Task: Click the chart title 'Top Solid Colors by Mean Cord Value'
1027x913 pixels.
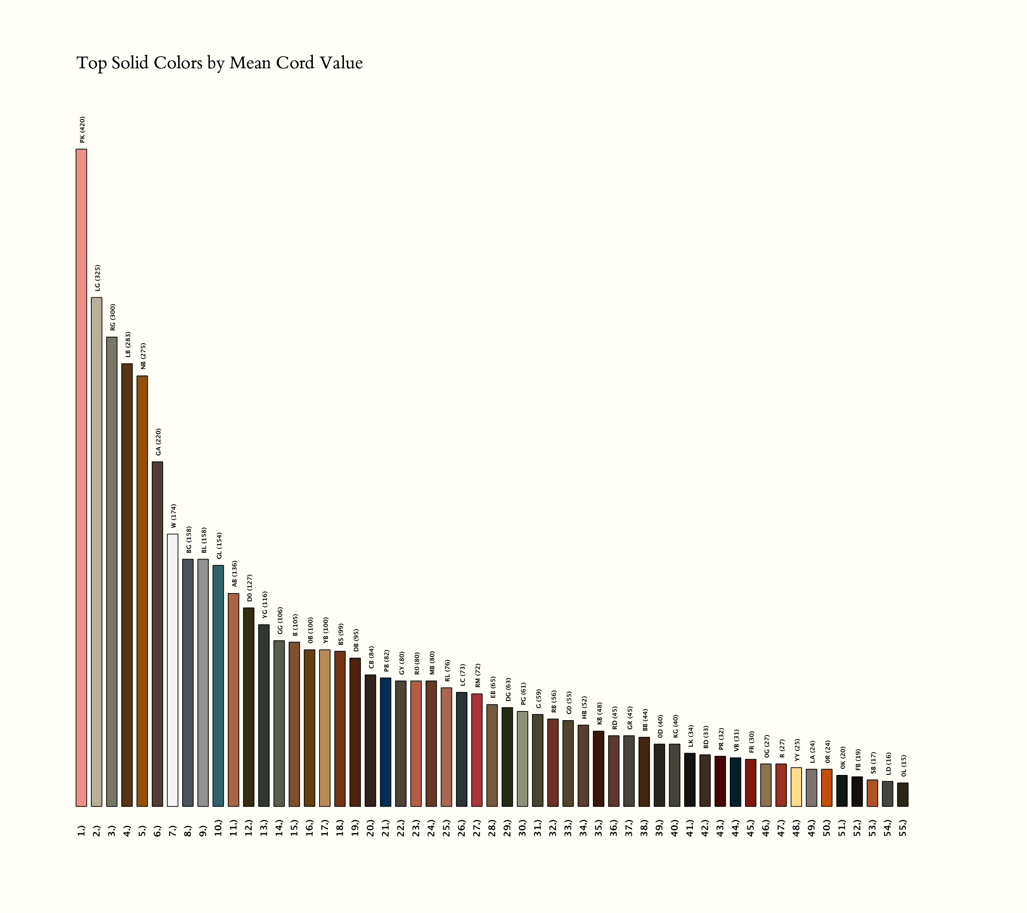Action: (219, 63)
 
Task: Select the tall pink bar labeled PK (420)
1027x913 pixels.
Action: (81, 477)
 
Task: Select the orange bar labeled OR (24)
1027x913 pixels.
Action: (827, 787)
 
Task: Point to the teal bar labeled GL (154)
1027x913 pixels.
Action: (218, 685)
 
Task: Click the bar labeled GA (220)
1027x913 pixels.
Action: (157, 634)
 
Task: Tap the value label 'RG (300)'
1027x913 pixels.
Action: (112, 317)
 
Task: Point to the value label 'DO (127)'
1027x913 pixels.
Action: (250, 588)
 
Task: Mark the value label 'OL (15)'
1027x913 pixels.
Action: (903, 766)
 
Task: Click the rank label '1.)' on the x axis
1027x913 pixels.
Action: (81, 830)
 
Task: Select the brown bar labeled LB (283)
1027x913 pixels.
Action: (127, 585)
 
